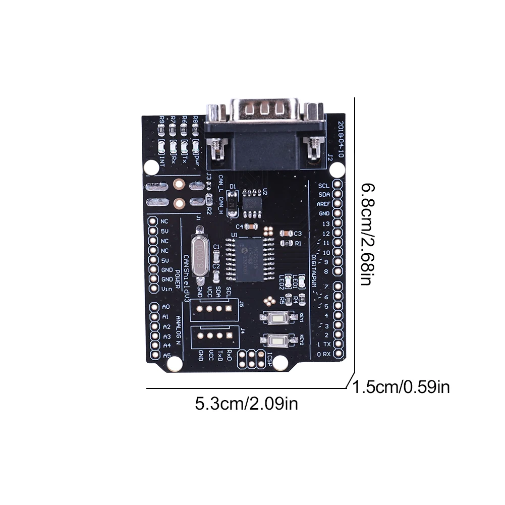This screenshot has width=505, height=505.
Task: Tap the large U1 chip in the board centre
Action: click(x=247, y=258)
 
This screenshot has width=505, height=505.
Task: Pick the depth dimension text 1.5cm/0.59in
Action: click(x=402, y=387)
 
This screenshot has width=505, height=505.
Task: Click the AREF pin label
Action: click(x=323, y=204)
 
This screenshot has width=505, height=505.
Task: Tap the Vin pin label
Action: click(x=165, y=289)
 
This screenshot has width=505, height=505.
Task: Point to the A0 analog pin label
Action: click(x=165, y=307)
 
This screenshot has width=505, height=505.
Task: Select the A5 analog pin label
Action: click(x=165, y=355)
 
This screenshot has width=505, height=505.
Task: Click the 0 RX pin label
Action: click(x=323, y=354)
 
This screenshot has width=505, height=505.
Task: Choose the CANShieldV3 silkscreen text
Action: click(x=186, y=277)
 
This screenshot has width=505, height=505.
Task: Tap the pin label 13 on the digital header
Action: click(x=326, y=223)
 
